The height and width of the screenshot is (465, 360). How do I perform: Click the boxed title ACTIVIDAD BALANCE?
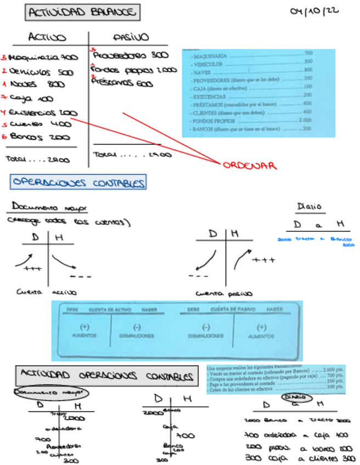(x=82, y=12)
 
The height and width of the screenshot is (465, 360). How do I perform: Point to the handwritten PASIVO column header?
(x=130, y=37)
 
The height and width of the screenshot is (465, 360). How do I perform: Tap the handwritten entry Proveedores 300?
(x=131, y=55)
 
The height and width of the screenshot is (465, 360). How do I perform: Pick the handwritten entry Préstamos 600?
(x=122, y=83)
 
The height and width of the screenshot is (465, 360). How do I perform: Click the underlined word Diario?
(x=310, y=206)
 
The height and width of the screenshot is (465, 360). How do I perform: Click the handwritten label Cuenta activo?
(x=46, y=292)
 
